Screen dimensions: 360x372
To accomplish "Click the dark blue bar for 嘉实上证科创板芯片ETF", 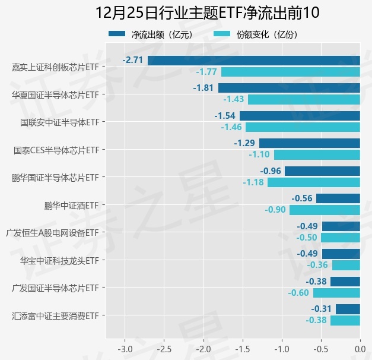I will pos(254,60).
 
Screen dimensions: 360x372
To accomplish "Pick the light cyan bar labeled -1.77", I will pos(291,72).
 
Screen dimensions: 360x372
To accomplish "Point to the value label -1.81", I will pos(204,88).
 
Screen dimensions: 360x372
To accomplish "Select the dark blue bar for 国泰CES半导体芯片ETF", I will pos(310,143).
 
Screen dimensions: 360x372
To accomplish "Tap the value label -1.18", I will pos(253,182).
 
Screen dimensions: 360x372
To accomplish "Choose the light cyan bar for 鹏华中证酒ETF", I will pos(325,210).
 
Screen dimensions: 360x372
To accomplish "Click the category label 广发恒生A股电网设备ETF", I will pos(51,233).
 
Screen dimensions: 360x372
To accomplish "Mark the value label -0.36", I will pos(317,265).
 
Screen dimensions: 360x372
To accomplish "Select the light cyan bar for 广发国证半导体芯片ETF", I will pos(336,293).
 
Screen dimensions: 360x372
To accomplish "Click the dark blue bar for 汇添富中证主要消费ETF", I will pos(348,309).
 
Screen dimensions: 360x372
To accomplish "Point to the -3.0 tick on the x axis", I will pos(125,348).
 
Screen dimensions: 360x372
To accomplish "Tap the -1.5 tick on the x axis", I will pos(243,348).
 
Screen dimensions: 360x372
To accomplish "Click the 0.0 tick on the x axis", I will pos(360,348).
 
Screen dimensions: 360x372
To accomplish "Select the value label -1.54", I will pos(225,115).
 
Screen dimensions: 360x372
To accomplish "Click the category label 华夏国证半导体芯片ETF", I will pos(55,94).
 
